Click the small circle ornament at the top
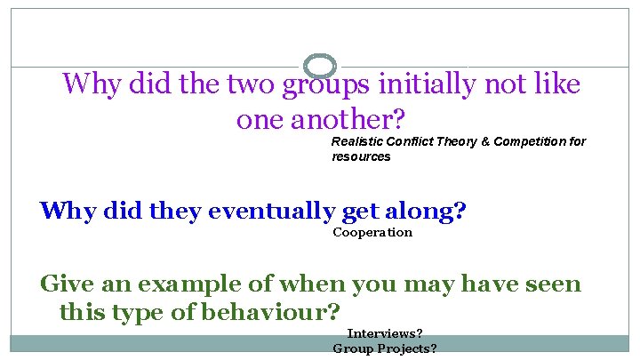[320, 66]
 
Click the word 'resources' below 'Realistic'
[361, 156]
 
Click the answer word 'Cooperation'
[372, 233]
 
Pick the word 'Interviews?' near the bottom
[385, 334]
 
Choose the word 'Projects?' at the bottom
[407, 349]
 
